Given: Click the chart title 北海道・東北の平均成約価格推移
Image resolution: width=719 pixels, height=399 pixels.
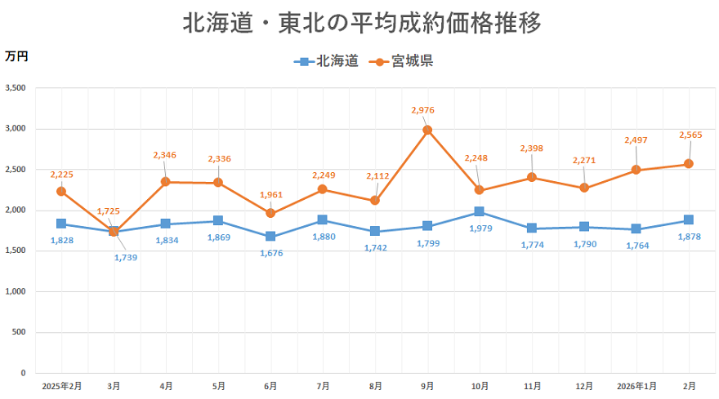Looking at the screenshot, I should pos(361,23).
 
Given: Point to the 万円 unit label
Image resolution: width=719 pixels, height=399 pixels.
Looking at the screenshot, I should pos(16,56).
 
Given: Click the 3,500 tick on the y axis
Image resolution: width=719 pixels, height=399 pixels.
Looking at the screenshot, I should pos(16,88).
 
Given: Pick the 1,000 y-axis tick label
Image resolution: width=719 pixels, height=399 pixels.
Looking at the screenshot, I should pos(16,291).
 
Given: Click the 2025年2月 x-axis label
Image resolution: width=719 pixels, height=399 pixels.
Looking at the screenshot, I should pos(62,385).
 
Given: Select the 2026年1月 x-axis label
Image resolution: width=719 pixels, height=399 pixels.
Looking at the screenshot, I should pos(637,385).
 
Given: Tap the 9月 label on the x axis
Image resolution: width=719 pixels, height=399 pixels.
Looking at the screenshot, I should pos(427,385).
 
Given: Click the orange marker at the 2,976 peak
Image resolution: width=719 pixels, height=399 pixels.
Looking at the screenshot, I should pos(427,130).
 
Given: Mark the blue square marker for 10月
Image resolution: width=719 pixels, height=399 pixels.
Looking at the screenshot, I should pos(480,212).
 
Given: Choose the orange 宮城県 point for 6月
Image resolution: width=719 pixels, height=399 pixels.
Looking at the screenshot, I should pos(270,214).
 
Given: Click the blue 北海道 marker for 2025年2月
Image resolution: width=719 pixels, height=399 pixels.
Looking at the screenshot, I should pos(61,224).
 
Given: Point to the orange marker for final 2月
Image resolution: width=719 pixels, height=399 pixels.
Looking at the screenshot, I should pos(689,164).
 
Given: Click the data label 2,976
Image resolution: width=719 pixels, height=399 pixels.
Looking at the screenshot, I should pos(427,110).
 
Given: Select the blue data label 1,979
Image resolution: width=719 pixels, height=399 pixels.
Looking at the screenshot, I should pos(480,228).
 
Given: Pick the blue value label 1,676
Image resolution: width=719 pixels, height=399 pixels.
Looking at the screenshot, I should pos(270,253).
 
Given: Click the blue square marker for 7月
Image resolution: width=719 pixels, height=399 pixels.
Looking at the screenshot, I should pos(323,220).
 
